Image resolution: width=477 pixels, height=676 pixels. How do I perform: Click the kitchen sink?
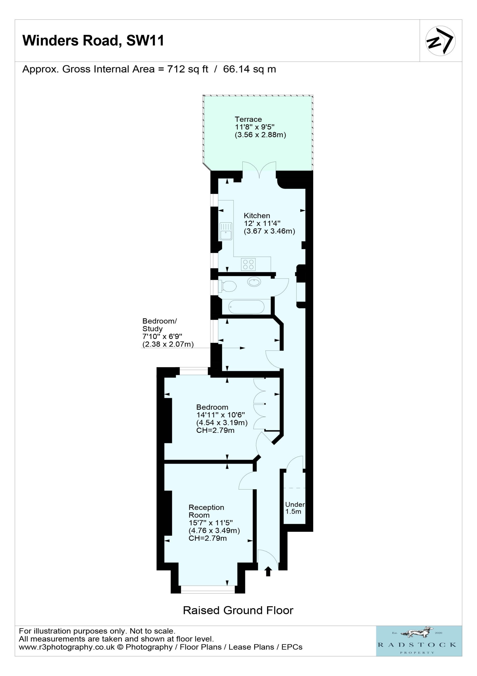[225, 231]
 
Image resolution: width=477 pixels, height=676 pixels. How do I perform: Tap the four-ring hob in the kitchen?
[248, 264]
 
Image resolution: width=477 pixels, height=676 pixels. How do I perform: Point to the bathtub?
[247, 307]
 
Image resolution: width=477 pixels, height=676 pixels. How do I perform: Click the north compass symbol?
[441, 41]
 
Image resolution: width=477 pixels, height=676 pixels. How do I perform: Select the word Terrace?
[248, 119]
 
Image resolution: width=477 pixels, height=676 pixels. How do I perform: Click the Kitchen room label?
[257, 215]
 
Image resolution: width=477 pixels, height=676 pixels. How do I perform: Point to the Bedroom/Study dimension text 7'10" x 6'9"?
[162, 336]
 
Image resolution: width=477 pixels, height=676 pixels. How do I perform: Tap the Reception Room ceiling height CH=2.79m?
[208, 538]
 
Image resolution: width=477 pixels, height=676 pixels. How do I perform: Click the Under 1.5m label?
[295, 508]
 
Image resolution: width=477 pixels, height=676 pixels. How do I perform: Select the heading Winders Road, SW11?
[93, 40]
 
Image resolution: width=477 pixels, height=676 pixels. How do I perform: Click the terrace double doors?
[259, 170]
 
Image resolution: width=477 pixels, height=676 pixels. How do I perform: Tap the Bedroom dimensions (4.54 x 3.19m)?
[222, 422]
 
